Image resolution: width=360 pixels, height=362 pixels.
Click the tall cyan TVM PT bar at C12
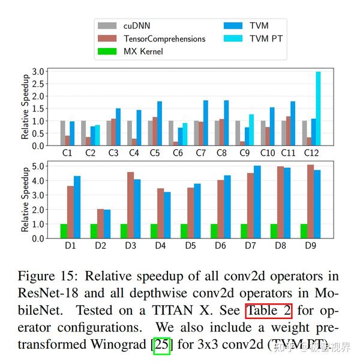pos(318,108)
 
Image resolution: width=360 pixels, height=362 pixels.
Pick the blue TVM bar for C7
pos(206,123)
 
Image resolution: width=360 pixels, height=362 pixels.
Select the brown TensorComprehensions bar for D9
pos(310,201)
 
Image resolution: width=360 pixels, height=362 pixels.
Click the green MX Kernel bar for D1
pos(64,231)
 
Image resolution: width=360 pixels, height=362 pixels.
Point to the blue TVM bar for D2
pos(107,224)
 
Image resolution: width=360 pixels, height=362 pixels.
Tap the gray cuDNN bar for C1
pos(62,133)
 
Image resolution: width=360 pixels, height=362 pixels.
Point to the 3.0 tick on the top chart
pos(38,71)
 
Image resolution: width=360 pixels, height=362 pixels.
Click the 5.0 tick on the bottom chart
pos(38,165)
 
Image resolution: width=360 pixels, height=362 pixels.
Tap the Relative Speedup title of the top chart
pos(25,108)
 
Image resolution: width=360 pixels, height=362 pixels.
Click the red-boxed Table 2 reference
pos(268,312)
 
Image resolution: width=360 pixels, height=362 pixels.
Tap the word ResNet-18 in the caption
pos(48,294)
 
